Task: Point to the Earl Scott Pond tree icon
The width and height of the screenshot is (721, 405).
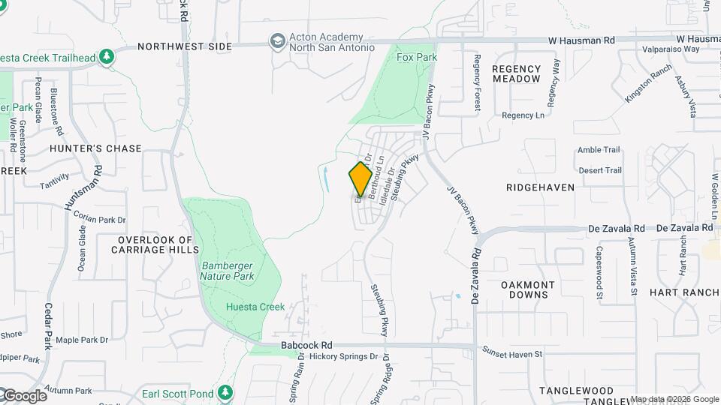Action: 225,392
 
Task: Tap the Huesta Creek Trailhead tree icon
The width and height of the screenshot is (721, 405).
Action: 107,56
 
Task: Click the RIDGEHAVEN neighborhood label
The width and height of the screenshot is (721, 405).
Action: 540,187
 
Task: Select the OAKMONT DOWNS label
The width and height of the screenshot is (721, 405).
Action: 528,289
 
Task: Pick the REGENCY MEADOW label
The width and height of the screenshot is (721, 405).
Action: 516,73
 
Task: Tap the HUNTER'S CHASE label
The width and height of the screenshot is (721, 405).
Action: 95,148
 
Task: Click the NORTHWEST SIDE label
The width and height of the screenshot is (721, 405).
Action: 185,46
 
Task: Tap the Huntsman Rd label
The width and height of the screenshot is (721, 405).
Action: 83,187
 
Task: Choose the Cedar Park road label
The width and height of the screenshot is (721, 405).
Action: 48,325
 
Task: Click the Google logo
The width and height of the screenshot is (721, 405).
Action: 25,396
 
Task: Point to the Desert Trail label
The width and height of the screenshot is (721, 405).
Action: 600,170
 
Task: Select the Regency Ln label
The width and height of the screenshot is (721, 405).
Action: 523,115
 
